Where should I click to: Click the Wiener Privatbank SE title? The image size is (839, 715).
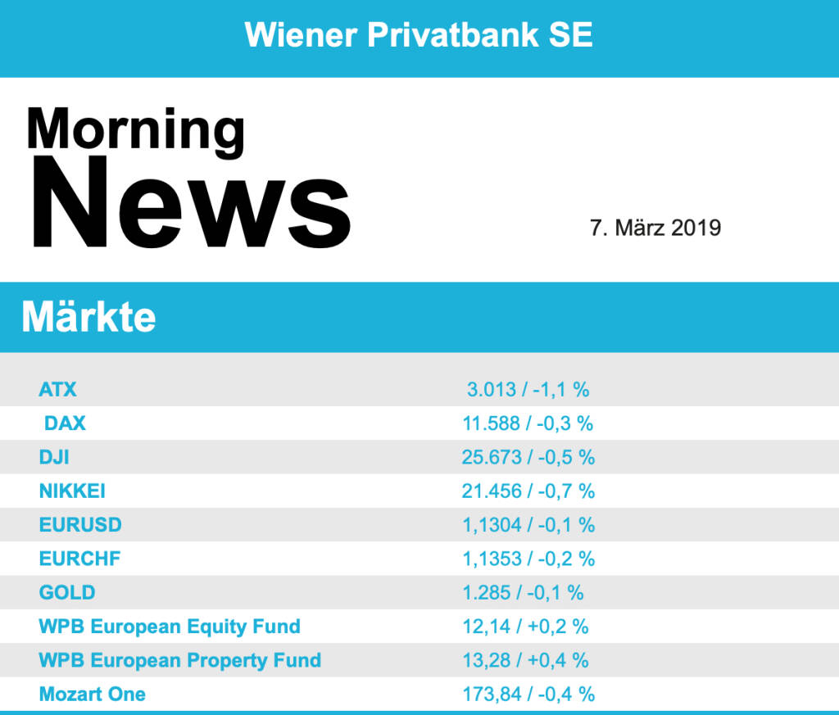(x=419, y=35)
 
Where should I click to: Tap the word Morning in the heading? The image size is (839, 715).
(x=135, y=129)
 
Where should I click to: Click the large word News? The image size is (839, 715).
(x=191, y=203)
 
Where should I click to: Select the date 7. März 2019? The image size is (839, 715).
(x=655, y=228)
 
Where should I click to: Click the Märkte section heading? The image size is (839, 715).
(x=88, y=317)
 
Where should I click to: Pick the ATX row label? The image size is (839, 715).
(x=57, y=389)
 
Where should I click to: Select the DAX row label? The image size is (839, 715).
(x=65, y=423)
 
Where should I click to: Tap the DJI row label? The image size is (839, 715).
(x=54, y=457)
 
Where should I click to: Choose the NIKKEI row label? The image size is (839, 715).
(x=72, y=491)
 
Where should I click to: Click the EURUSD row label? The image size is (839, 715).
(x=80, y=524)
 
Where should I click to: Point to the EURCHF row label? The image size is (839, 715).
(x=79, y=559)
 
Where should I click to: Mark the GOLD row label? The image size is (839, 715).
(x=67, y=592)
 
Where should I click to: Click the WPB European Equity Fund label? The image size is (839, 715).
(x=170, y=627)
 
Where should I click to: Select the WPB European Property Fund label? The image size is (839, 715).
(x=180, y=660)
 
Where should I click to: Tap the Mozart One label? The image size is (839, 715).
(x=93, y=694)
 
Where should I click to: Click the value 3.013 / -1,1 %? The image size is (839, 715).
(x=528, y=389)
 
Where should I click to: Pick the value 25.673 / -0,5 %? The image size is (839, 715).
(x=528, y=457)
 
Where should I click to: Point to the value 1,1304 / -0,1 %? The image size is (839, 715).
(x=528, y=524)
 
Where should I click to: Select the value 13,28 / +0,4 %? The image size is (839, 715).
(x=525, y=660)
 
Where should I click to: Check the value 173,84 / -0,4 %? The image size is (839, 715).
(x=528, y=694)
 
